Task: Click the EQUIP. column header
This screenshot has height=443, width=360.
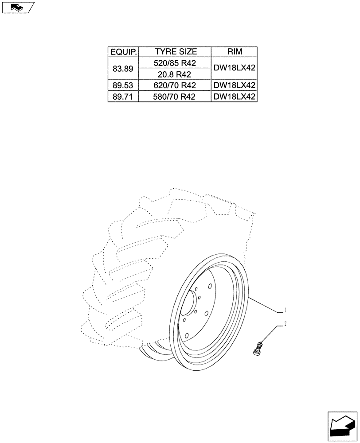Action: tap(123, 52)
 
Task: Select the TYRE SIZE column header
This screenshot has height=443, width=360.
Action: tap(176, 52)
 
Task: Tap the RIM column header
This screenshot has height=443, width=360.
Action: tap(235, 52)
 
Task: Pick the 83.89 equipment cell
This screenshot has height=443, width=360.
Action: tap(123, 69)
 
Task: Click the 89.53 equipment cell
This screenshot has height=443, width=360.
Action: tap(123, 85)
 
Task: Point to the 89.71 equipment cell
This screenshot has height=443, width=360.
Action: tap(123, 97)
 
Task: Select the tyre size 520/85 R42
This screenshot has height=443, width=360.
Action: tap(176, 63)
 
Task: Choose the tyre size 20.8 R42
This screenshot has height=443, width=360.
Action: tap(176, 74)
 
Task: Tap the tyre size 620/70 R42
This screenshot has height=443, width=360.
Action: tap(176, 85)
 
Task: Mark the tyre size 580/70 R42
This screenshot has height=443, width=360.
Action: tap(176, 97)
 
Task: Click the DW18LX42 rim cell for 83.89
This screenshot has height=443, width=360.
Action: tap(235, 69)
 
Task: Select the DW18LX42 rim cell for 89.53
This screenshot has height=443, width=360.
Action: tap(235, 85)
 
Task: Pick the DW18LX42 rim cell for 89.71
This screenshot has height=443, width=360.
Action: tap(235, 97)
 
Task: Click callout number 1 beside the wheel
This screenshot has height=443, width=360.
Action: tap(286, 309)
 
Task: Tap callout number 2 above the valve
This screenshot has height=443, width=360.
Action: tap(286, 324)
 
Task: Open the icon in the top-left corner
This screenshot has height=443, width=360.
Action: tap(18, 7)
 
